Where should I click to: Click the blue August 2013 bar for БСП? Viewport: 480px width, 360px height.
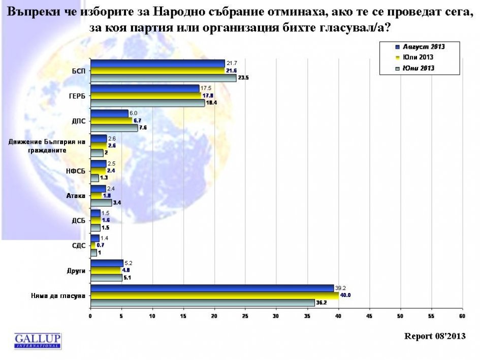(x=157, y=63)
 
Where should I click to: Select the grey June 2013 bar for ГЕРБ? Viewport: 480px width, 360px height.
(x=147, y=103)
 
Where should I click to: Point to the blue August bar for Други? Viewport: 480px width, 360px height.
(x=106, y=263)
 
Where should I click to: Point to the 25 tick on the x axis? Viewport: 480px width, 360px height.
(x=245, y=316)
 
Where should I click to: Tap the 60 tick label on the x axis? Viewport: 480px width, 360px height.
(x=462, y=316)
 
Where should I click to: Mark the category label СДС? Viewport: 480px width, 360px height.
(x=78, y=245)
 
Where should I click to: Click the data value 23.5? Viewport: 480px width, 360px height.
(x=244, y=78)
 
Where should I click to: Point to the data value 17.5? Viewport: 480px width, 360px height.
(x=206, y=88)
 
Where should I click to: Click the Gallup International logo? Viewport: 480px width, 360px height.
(x=38, y=340)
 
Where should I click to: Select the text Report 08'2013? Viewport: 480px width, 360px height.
(x=434, y=336)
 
